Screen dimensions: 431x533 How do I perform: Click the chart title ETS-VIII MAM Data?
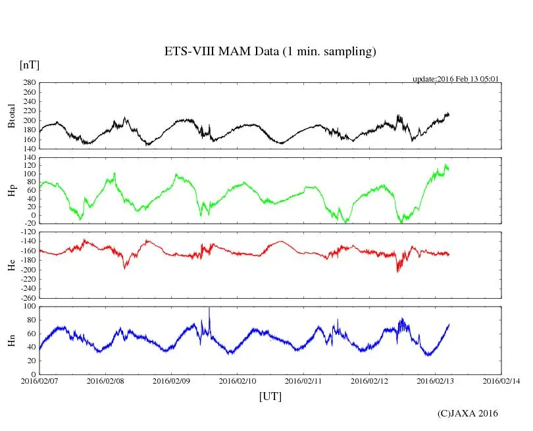tap(270, 52)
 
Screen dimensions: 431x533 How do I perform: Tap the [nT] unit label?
tap(30, 65)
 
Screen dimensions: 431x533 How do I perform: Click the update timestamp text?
tap(455, 79)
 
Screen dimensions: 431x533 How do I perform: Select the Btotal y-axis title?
tap(11, 116)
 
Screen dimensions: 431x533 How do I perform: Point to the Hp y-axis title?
tap(11, 191)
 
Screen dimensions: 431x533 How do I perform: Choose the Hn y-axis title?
tap(11, 340)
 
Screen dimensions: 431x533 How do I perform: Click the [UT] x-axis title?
tap(270, 396)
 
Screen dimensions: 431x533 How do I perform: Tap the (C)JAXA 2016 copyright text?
tap(468, 413)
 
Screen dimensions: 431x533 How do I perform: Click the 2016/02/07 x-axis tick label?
tap(39, 380)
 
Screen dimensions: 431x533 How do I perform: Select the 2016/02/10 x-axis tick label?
tap(238, 380)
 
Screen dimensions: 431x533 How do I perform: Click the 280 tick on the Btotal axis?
tap(29, 83)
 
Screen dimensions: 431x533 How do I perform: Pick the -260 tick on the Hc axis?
tap(27, 297)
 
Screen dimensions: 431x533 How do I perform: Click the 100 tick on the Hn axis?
tap(29, 306)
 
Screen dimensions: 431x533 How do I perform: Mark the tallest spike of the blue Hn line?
tap(209, 308)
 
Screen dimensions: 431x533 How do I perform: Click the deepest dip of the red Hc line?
tap(397, 271)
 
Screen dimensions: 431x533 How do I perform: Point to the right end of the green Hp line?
tap(449, 169)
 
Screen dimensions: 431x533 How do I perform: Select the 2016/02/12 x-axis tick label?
tap(369, 380)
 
